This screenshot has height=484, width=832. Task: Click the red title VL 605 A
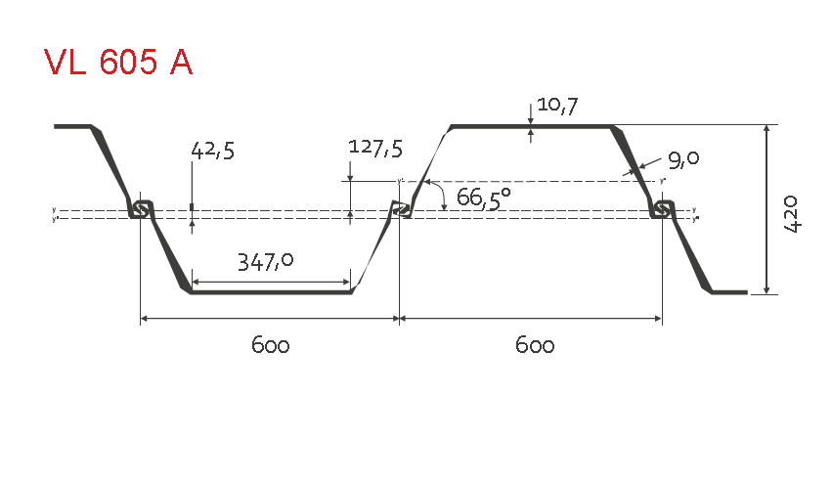pyautogui.click(x=117, y=63)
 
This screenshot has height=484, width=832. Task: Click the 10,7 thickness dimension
pyautogui.click(x=557, y=106)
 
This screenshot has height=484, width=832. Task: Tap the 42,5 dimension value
pyautogui.click(x=212, y=151)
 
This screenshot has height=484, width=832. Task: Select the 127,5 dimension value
pyautogui.click(x=375, y=148)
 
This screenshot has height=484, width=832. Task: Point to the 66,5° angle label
pyautogui.click(x=483, y=198)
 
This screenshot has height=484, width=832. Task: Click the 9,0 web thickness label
pyautogui.click(x=683, y=159)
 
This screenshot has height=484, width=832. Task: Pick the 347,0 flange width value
pyautogui.click(x=265, y=262)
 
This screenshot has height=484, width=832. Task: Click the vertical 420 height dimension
pyautogui.click(x=791, y=213)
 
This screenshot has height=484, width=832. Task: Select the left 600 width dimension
pyautogui.click(x=270, y=346)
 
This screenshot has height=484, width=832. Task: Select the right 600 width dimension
pyautogui.click(x=535, y=346)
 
